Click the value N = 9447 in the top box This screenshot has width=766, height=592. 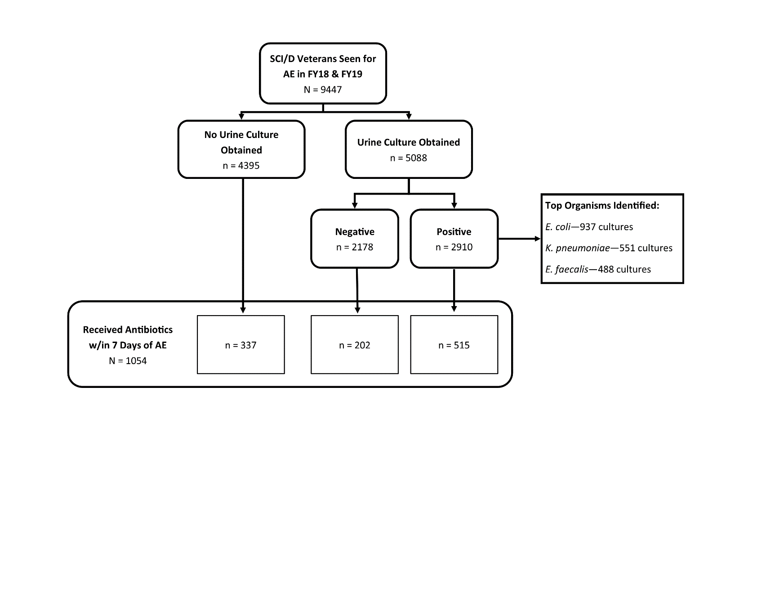point(323,89)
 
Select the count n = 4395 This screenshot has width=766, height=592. point(241,165)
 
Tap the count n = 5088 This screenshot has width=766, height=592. point(409,158)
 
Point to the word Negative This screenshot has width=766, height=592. point(355,232)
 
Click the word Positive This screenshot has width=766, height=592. point(454,232)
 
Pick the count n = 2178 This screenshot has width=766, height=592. point(355,247)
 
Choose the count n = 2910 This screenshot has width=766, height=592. point(454,247)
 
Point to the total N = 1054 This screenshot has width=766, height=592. point(128,361)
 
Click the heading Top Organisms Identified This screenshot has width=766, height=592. point(602,205)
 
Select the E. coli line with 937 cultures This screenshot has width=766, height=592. point(589,227)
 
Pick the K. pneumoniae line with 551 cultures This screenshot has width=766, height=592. point(609,248)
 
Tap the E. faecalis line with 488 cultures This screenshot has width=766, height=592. point(598,269)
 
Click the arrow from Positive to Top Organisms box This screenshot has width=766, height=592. point(519,239)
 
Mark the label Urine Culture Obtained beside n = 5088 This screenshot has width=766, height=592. point(409,142)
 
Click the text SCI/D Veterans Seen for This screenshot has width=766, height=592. point(323,59)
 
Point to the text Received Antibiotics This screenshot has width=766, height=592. point(128,329)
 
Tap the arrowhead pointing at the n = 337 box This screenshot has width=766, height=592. point(243,310)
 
